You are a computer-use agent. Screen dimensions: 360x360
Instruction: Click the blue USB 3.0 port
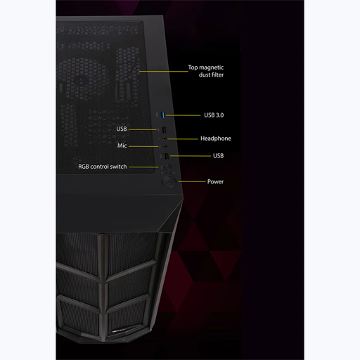click(x=163, y=115)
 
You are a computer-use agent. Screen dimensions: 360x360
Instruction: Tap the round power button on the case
click(x=169, y=182)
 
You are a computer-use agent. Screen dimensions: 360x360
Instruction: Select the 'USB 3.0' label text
click(x=214, y=115)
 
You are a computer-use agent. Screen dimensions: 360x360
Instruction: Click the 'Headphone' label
click(x=216, y=139)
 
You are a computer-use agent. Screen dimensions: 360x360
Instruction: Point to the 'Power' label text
click(x=215, y=181)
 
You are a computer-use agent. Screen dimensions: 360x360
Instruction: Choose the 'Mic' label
click(x=122, y=146)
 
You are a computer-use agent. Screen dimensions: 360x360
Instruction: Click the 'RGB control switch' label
click(x=103, y=167)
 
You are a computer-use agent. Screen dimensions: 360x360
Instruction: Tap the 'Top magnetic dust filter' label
click(x=206, y=71)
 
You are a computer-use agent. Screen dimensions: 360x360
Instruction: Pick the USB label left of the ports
click(x=122, y=129)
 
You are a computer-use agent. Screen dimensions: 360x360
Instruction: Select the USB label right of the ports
click(x=218, y=155)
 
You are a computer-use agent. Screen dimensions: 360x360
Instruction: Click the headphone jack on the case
click(x=165, y=139)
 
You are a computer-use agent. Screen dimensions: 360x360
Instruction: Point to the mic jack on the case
click(x=165, y=146)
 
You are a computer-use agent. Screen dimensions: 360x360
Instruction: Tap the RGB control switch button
click(x=167, y=167)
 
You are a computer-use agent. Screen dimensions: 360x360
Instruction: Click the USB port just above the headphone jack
click(x=164, y=130)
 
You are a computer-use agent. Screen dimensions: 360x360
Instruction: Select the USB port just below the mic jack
click(x=166, y=156)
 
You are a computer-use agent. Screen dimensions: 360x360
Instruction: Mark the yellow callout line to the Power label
click(x=192, y=181)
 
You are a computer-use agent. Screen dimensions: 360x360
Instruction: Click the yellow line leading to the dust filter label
click(x=164, y=71)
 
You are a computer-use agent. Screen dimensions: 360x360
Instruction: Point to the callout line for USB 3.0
click(x=183, y=115)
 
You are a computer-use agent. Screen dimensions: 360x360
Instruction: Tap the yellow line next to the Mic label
click(x=143, y=146)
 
